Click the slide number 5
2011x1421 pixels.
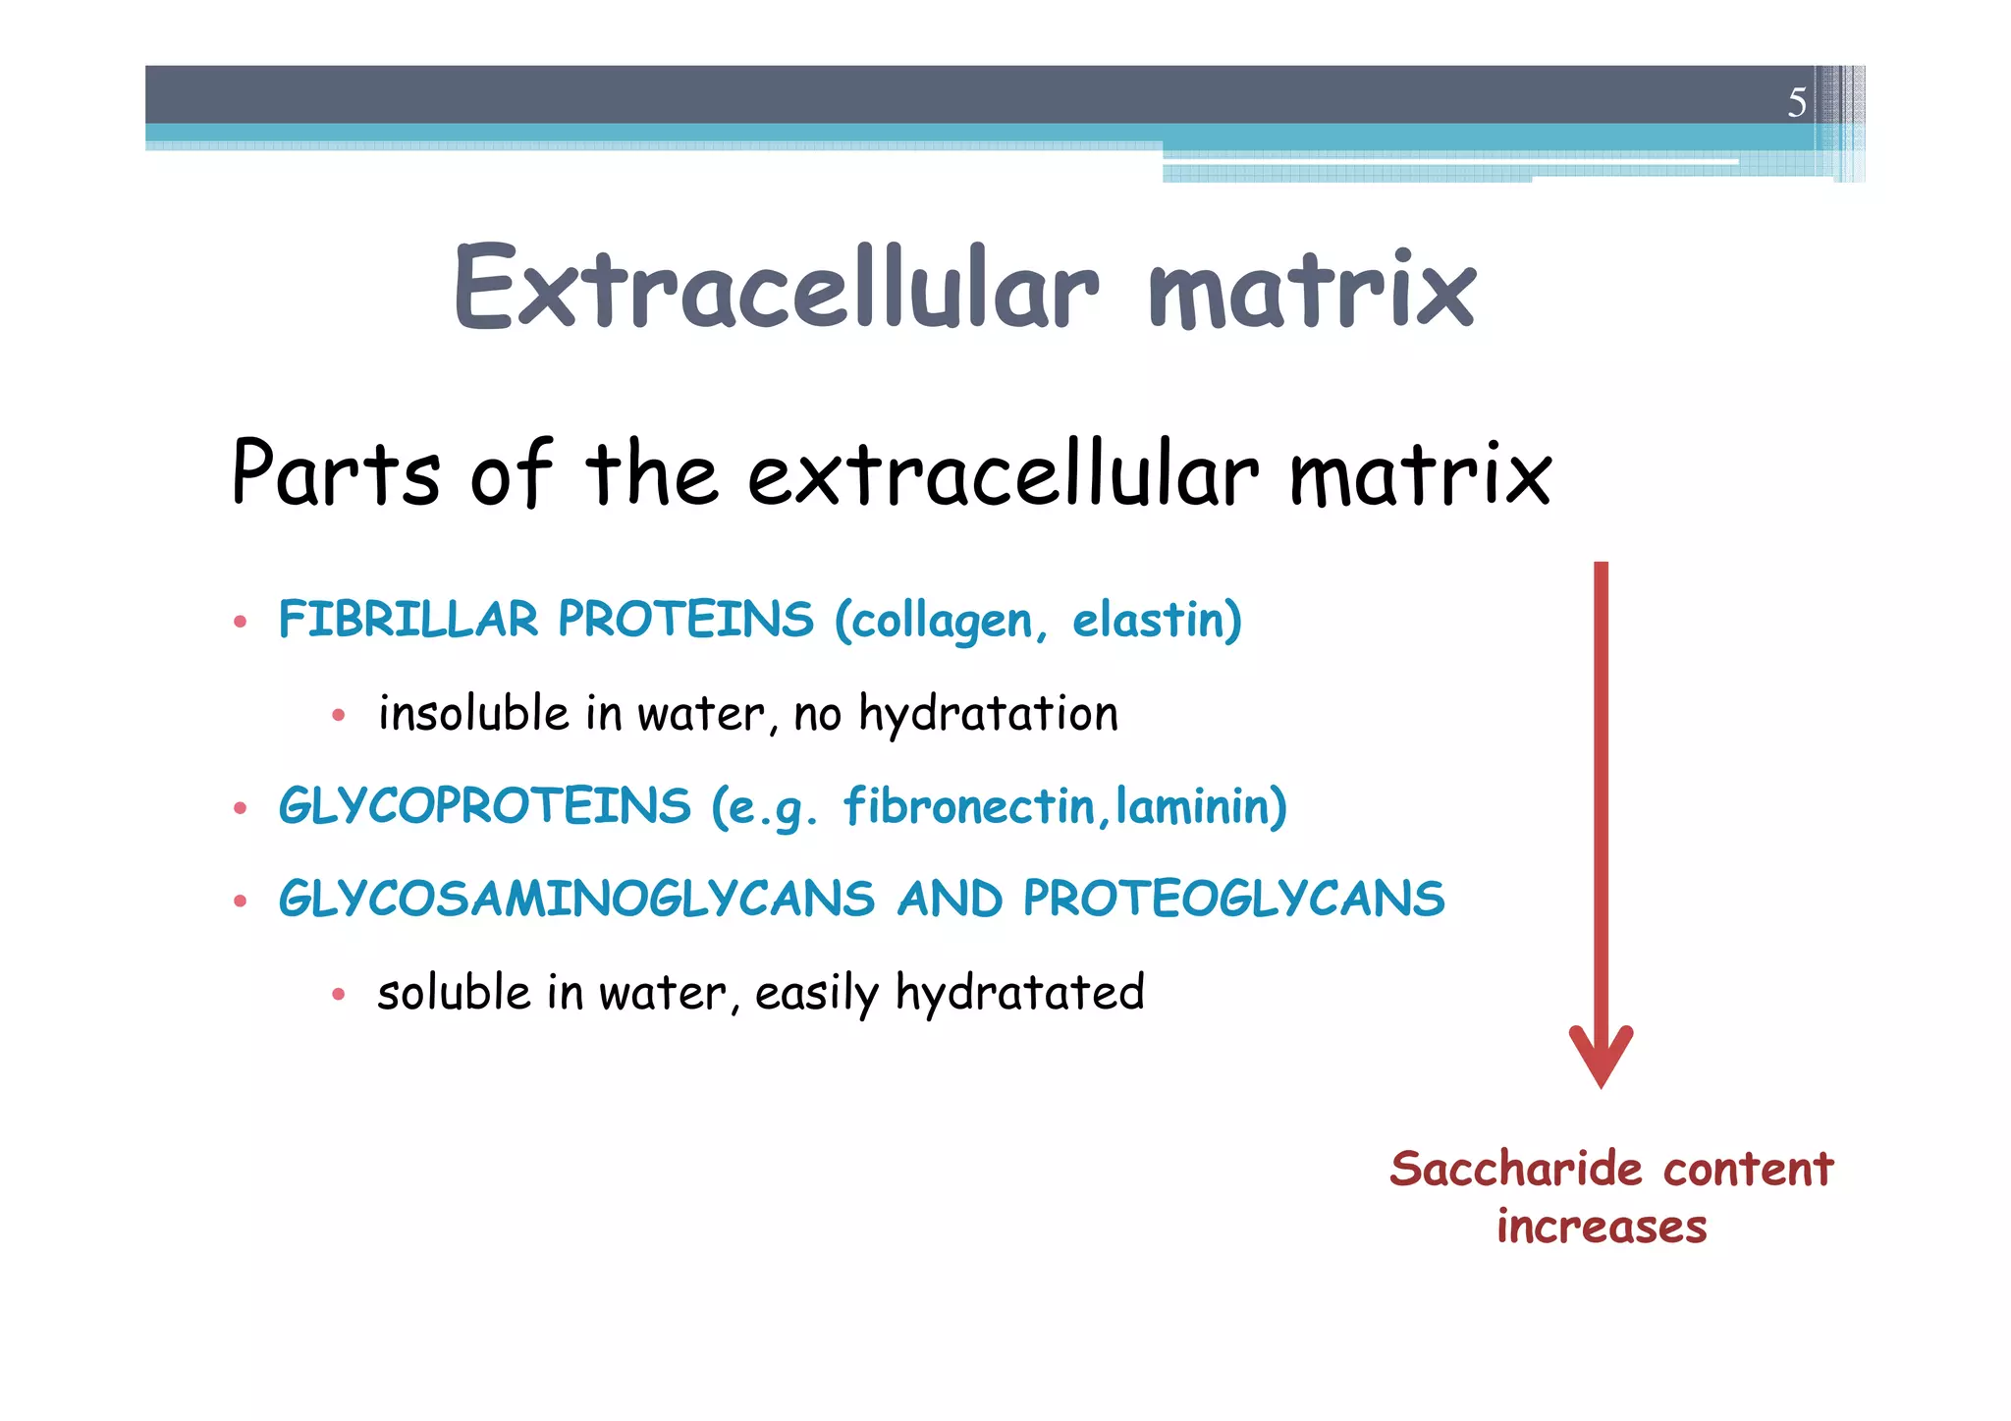click(x=1796, y=102)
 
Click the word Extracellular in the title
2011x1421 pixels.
click(x=776, y=288)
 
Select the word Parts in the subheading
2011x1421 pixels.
click(x=335, y=473)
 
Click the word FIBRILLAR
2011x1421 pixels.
click(x=408, y=620)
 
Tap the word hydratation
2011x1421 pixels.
click(x=988, y=715)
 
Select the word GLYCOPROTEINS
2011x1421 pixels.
click(x=485, y=806)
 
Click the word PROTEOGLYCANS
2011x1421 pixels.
click(x=1233, y=900)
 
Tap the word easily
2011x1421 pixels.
click(x=816, y=994)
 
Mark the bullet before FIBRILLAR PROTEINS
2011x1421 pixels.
click(x=240, y=622)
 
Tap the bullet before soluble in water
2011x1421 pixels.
click(x=338, y=995)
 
